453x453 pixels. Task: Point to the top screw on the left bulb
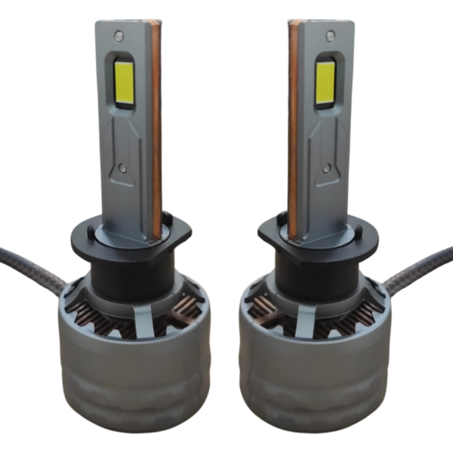pos(119,35)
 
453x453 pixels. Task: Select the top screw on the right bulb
pos(329,35)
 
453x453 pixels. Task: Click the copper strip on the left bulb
pos(156,128)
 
